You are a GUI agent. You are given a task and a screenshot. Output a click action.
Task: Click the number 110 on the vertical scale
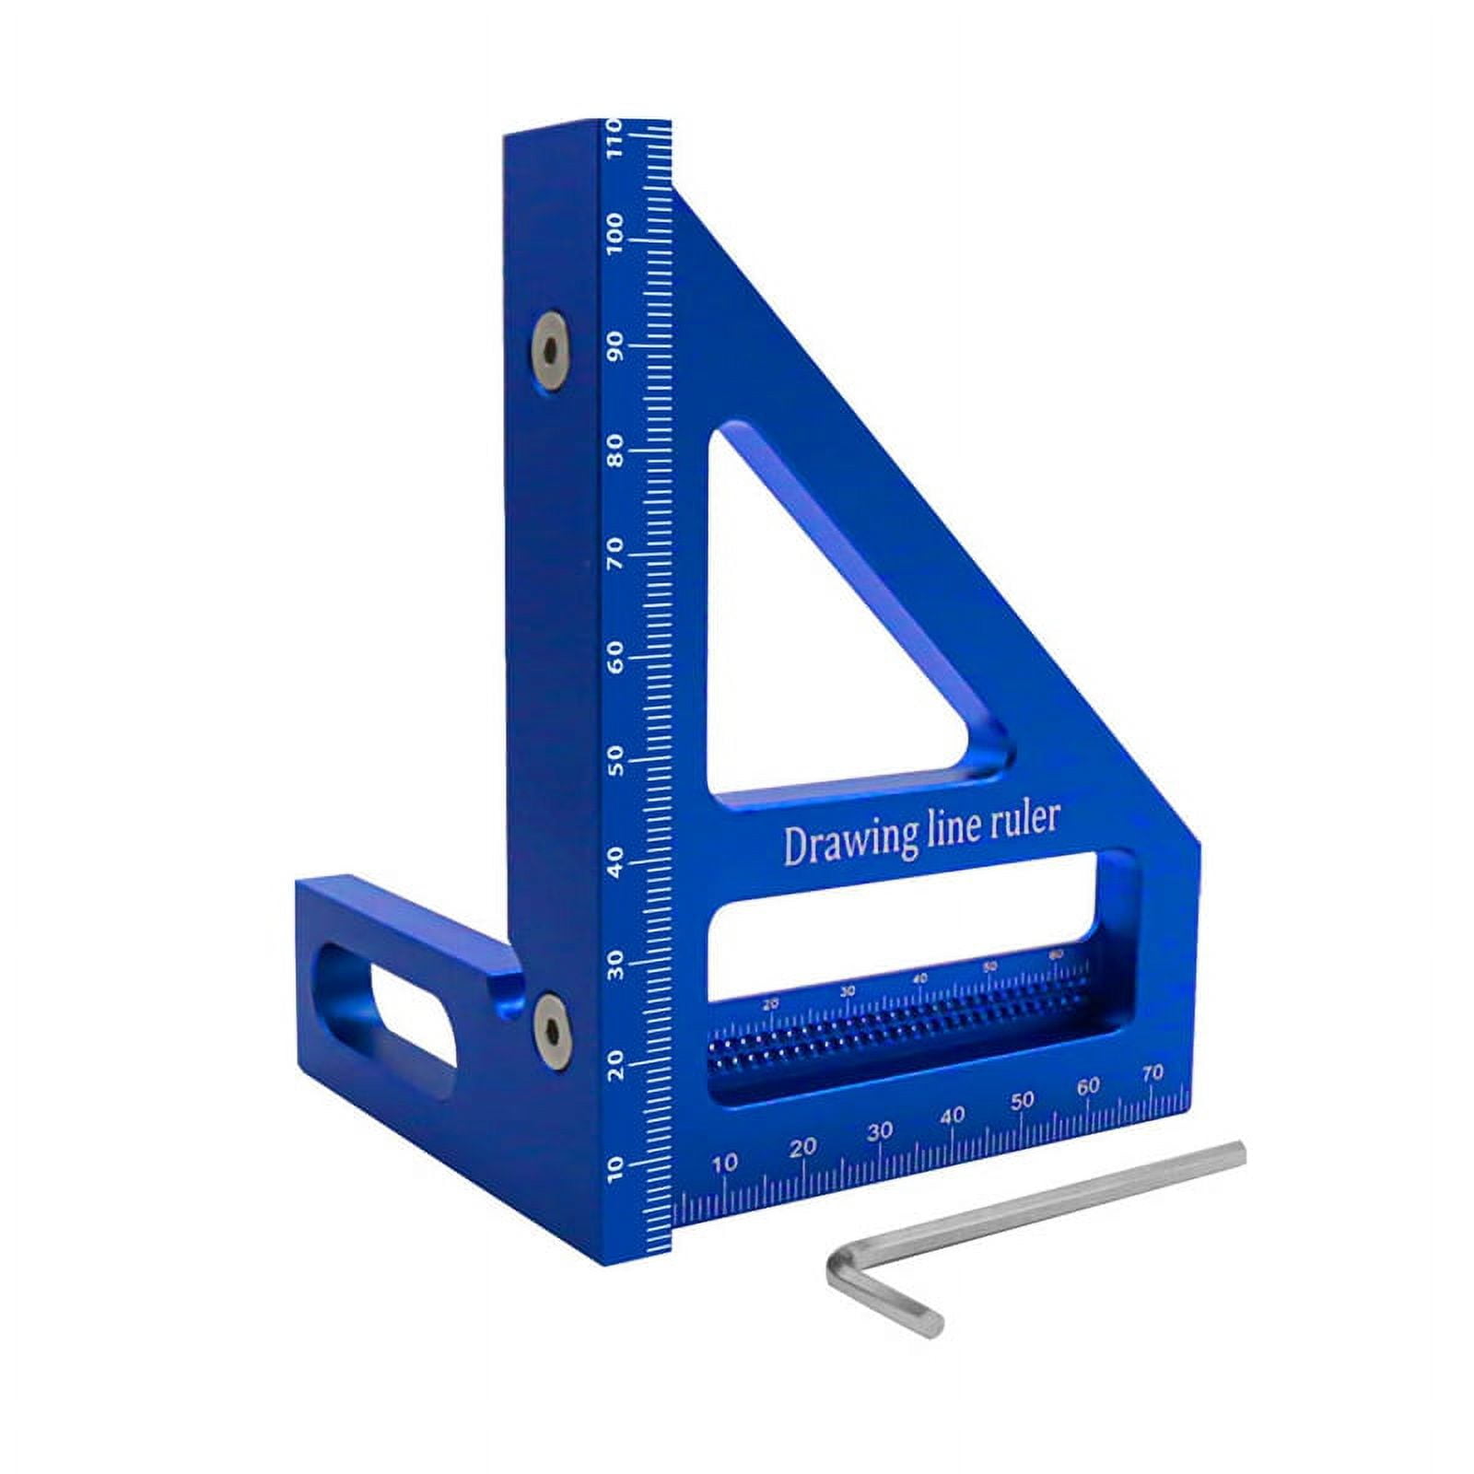615,138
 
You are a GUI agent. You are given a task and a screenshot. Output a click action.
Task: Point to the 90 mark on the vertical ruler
615,347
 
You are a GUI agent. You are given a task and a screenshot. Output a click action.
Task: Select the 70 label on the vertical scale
615,553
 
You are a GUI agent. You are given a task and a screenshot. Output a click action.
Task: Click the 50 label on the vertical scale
615,761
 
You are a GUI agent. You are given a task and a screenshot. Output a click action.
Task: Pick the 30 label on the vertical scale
615,967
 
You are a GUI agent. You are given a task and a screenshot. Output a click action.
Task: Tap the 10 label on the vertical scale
615,1168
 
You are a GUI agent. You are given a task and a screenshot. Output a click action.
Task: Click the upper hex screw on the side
549,351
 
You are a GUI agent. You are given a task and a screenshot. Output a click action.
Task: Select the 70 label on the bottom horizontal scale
1152,1073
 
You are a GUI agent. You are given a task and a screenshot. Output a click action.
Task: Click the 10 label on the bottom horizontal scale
725,1163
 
